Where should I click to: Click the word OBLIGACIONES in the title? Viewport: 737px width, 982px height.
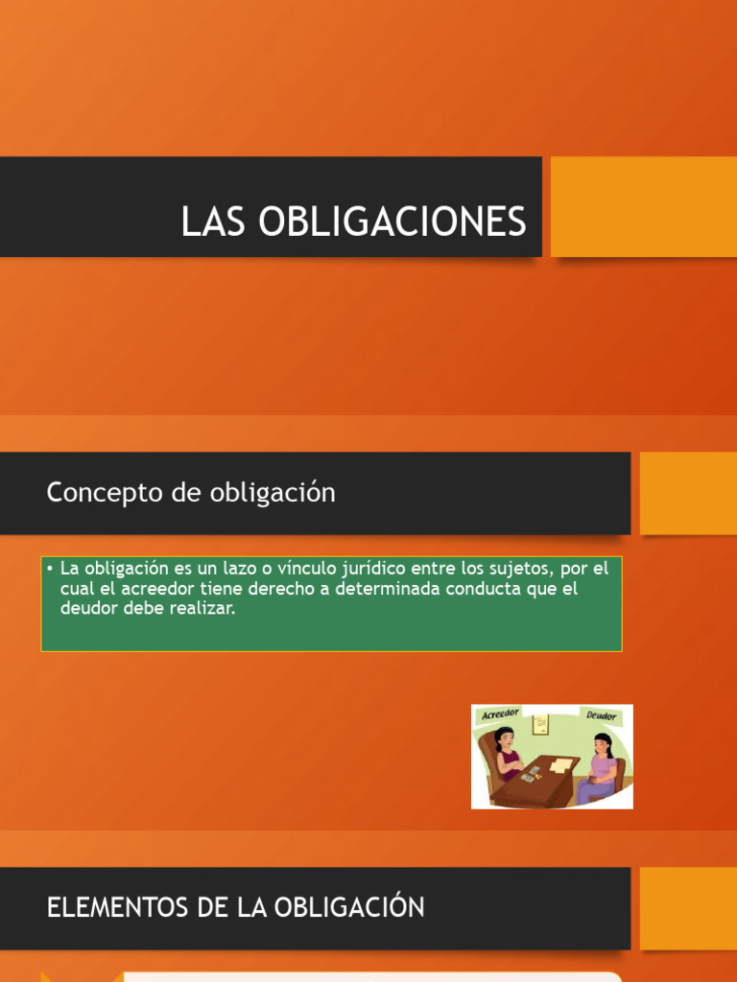392,222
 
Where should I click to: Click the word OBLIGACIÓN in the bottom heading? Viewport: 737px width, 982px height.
349,906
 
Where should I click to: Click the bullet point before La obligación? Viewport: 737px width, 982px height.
50,569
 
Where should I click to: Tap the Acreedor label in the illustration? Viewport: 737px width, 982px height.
500,714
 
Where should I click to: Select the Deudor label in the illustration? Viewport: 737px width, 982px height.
601,715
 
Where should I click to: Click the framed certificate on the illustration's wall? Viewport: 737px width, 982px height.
540,725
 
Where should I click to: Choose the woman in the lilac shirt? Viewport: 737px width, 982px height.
600,767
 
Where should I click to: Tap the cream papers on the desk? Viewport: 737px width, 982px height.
560,765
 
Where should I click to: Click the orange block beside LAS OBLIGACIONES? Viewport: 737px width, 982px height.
644,207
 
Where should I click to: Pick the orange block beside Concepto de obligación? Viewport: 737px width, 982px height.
688,494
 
